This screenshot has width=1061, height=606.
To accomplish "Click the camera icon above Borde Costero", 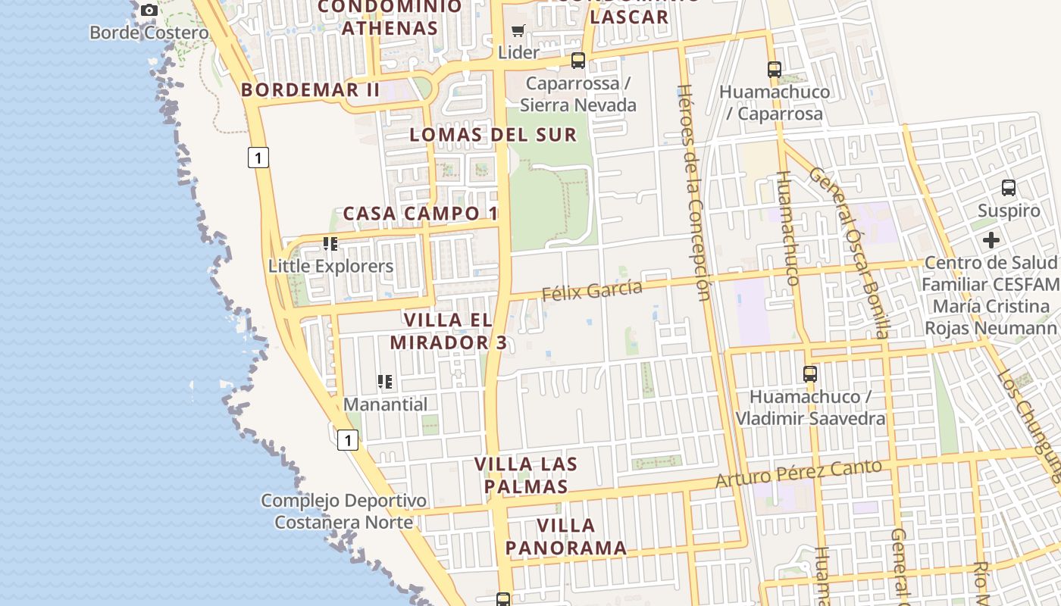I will coord(149,10).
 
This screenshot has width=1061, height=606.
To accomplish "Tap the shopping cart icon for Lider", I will coord(518,31).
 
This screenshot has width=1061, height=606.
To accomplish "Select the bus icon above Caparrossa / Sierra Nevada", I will coord(578,61).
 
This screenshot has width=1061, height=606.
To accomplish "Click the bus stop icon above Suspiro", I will coord(1008,187).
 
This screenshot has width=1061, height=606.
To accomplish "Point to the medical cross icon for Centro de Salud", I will coord(991,240).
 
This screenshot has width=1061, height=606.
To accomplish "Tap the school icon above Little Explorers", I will coord(330,244).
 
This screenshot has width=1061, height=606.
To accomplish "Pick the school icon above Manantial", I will coord(385,382).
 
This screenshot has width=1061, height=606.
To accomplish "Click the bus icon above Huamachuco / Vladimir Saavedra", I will coord(810,373).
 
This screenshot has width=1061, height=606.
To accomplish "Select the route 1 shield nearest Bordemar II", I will coord(258,158).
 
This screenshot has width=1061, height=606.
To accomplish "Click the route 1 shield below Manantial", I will coord(347,439).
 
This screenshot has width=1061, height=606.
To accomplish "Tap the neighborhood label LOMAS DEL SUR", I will coord(493,135).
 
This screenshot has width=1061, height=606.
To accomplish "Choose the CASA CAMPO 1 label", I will coord(421,214).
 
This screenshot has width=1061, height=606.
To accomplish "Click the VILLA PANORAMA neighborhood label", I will coord(566,536).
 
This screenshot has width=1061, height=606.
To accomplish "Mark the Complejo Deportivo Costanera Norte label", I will coord(343,511).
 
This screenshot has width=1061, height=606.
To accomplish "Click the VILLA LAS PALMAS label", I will coord(526,475).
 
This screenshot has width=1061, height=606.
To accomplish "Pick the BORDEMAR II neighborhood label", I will coord(311,89).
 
